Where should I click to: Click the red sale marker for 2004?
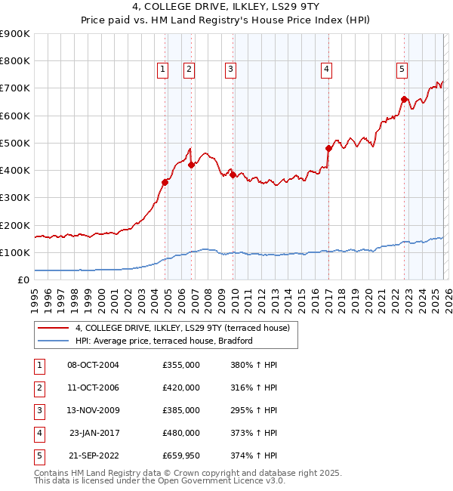pyautogui.click(x=165, y=181)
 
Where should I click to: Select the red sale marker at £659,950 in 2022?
pyautogui.click(x=404, y=99)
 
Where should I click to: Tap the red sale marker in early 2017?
pyautogui.click(x=328, y=148)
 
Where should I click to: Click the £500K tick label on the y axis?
pyautogui.click(x=15, y=143)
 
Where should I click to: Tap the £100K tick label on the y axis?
pyautogui.click(x=15, y=252)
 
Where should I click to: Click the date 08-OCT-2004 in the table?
pyautogui.click(x=93, y=365)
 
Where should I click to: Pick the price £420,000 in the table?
pyautogui.click(x=181, y=388)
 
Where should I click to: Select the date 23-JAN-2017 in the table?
pyautogui.click(x=94, y=433)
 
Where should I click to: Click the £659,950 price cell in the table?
pyautogui.click(x=181, y=455)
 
